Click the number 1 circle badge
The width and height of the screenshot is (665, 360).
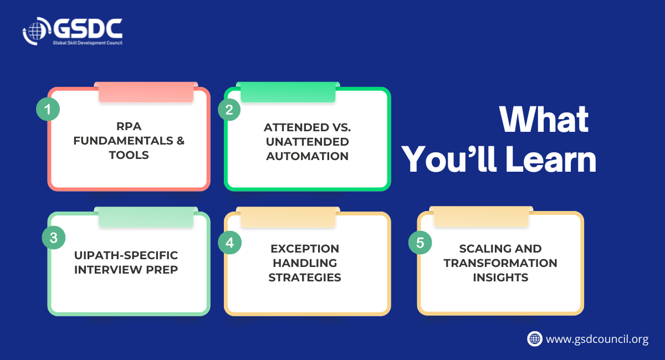48,109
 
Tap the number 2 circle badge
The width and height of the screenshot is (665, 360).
229,110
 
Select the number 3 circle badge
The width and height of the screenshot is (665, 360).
54,238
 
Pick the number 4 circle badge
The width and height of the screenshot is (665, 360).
230,243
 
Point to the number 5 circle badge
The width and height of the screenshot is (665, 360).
420,243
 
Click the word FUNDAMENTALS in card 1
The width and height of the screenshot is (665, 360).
123,141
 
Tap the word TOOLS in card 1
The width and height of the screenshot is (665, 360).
129,155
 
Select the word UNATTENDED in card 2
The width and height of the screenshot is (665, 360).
307,142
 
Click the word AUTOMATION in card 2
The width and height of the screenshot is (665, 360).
307,156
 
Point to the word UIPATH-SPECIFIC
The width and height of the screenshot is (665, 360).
126,255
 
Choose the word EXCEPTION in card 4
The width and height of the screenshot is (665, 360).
305,249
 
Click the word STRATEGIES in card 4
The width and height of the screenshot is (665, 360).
305,277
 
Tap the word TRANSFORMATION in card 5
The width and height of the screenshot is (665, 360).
500,263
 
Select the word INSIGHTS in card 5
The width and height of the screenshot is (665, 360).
500,277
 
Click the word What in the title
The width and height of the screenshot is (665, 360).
544,120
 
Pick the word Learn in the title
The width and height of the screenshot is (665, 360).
551,160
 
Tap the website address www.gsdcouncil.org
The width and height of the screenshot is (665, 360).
597,339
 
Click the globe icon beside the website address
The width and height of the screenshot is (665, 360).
535,338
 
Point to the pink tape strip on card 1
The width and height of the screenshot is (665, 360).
146,92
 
